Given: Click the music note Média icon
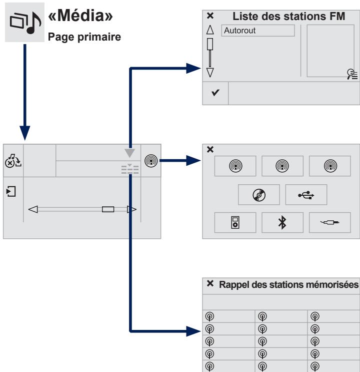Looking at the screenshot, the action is click(24, 23).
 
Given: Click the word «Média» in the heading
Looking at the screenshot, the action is click(80, 16).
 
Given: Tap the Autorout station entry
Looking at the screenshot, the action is click(258, 31).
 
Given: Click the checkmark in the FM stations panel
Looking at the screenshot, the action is click(215, 93).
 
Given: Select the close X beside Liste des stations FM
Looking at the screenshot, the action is click(210, 16).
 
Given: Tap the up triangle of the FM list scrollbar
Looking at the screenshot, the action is click(210, 30).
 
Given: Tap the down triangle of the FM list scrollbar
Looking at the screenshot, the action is click(210, 73).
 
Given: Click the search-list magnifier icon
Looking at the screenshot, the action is click(352, 74).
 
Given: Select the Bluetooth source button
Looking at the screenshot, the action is click(282, 222).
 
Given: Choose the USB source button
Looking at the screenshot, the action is click(306, 195).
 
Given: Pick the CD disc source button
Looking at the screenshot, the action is click(259, 195).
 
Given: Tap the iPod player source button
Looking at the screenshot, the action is click(235, 222).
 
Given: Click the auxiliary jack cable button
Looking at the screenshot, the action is click(329, 222).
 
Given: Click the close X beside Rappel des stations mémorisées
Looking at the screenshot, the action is click(210, 283).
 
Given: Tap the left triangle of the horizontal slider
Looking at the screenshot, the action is click(33, 209).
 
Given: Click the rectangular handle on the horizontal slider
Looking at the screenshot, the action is click(108, 209).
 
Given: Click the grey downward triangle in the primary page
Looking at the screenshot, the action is click(129, 153).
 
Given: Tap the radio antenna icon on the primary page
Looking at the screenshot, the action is click(151, 161).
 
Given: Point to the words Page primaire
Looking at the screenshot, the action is click(84, 37).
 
